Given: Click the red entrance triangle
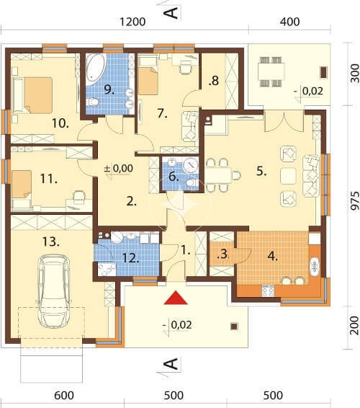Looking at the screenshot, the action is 176,298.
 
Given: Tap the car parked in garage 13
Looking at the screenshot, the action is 53,292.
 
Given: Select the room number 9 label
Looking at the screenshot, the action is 109,90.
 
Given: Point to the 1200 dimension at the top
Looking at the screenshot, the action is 132,22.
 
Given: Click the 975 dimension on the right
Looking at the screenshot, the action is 354,200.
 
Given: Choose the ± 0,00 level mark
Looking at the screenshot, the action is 119,168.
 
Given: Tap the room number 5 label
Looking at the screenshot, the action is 261,172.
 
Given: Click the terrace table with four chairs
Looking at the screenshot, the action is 271,71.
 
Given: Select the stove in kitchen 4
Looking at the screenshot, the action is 268,291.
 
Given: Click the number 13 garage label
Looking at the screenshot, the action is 50,241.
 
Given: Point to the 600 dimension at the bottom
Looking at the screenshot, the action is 64,396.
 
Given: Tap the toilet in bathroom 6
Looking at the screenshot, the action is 192,182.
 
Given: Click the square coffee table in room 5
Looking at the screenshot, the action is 289,176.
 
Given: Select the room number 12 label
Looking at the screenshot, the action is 130,258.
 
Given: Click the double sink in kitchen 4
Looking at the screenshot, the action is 314,266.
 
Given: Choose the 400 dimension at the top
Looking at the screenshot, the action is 290,22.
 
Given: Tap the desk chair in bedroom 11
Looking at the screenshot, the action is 79,197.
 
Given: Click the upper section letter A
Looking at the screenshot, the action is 171,13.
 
